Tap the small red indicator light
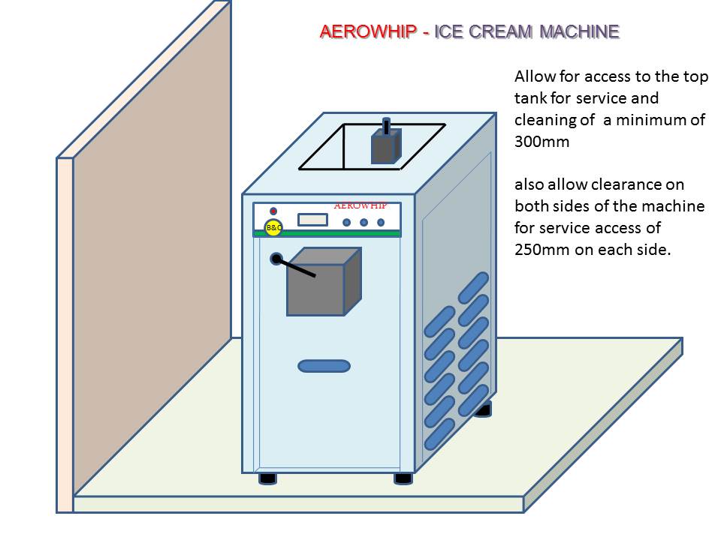(x=273, y=211)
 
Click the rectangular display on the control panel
(x=312, y=220)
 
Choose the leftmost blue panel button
(x=347, y=222)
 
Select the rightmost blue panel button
(x=381, y=222)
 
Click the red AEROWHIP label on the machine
(x=360, y=205)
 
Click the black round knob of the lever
(x=276, y=259)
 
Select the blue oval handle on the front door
(x=324, y=366)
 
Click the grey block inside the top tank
(x=385, y=147)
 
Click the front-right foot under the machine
(x=403, y=478)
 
